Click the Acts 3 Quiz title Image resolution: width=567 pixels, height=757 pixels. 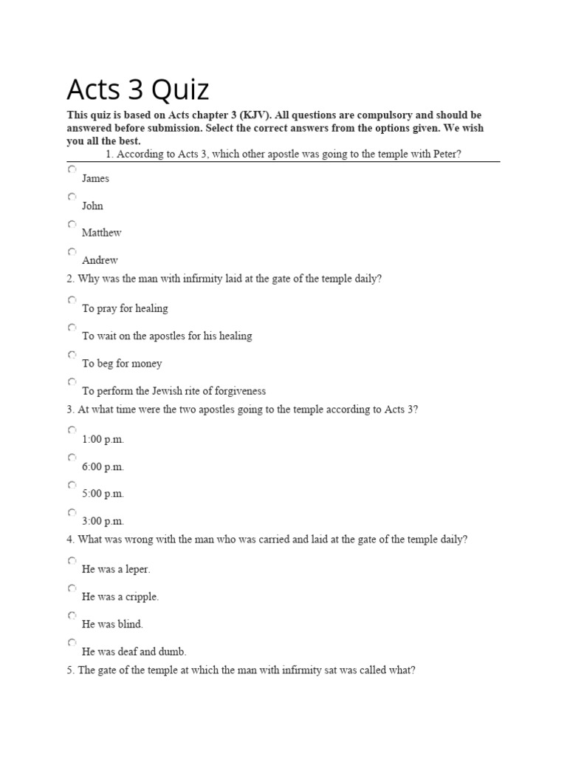click(x=138, y=89)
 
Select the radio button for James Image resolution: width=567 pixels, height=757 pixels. click(x=72, y=169)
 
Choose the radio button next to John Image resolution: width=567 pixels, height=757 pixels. click(x=72, y=197)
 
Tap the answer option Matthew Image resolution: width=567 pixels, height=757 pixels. click(x=102, y=233)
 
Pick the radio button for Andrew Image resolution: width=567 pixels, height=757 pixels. click(x=72, y=251)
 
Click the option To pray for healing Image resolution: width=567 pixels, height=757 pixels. click(x=125, y=308)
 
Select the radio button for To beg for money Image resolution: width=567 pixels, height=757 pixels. click(x=72, y=355)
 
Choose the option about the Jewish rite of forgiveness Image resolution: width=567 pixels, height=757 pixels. click(x=173, y=391)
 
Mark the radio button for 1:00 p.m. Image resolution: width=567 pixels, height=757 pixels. click(x=72, y=430)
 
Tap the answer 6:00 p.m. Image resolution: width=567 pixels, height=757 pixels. click(x=103, y=466)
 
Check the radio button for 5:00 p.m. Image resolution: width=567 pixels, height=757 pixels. click(x=72, y=485)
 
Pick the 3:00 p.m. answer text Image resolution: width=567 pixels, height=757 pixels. click(x=103, y=521)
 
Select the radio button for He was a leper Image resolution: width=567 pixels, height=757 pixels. click(x=72, y=560)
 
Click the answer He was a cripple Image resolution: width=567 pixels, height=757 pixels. click(x=120, y=597)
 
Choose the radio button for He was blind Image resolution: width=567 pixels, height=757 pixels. click(x=72, y=615)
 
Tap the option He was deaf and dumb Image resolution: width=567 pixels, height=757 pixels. click(x=134, y=652)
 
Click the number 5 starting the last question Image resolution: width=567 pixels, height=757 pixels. click(x=69, y=671)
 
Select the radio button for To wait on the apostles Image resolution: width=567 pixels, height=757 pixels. click(x=72, y=327)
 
